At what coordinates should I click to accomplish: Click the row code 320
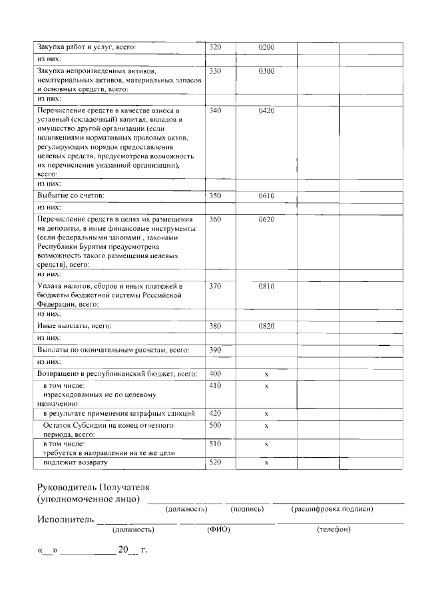215,47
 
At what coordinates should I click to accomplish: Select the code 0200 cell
266,47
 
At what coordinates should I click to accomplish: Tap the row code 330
215,71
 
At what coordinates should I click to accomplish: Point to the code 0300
266,71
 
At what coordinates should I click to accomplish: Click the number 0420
266,110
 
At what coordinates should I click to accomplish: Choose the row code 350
215,196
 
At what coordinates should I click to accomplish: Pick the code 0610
266,196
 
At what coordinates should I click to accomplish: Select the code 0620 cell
266,220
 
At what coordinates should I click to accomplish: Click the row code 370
215,286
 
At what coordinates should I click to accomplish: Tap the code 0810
266,286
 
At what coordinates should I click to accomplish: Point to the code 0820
266,326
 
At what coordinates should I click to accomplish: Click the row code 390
215,350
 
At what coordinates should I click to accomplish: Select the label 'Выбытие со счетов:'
71,196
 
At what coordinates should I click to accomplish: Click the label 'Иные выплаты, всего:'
74,326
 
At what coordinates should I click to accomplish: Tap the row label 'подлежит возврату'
75,462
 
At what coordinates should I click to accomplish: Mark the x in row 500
266,425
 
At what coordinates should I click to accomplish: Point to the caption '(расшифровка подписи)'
331,509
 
